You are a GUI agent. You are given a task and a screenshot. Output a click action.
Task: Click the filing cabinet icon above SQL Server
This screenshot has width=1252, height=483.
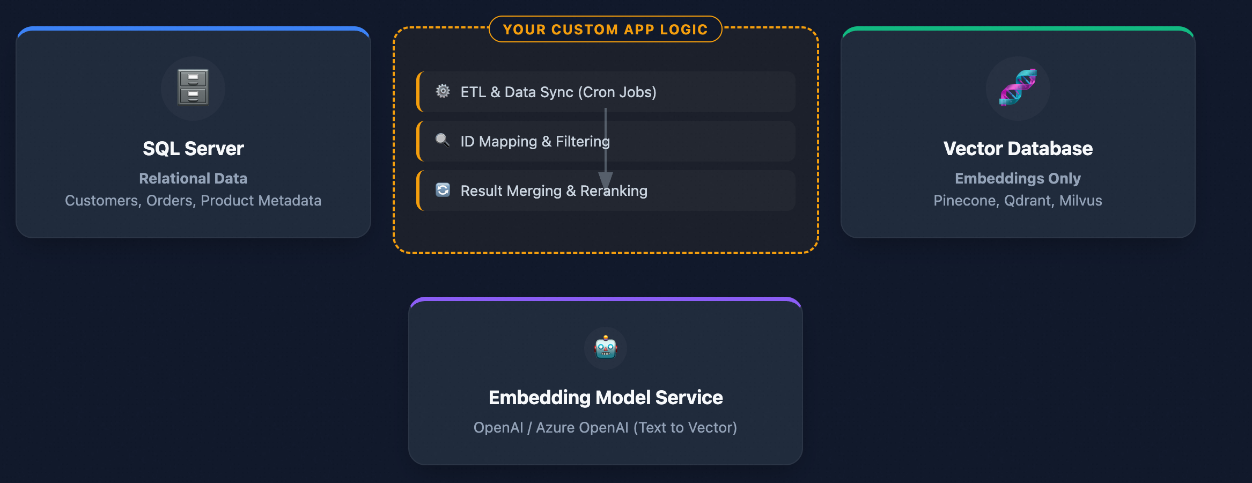pyautogui.click(x=193, y=87)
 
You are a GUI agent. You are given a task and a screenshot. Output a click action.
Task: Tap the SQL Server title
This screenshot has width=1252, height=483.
pyautogui.click(x=193, y=149)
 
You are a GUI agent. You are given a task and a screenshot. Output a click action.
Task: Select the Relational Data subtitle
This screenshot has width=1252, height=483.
pyautogui.click(x=193, y=178)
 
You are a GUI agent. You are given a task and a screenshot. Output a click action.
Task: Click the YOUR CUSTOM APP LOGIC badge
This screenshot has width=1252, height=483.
pyautogui.click(x=605, y=30)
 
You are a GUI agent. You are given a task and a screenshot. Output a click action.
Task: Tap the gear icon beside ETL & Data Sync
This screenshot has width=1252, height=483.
pyautogui.click(x=443, y=91)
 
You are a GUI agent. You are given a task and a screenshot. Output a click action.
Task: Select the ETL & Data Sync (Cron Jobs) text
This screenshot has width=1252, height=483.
pyautogui.click(x=558, y=92)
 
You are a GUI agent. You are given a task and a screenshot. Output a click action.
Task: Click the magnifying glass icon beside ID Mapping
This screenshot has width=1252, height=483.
pyautogui.click(x=443, y=141)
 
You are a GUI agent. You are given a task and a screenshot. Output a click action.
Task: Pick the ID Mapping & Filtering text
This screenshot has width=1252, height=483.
pyautogui.click(x=535, y=142)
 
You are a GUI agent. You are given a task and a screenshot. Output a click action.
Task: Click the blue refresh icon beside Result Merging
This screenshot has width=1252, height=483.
pyautogui.click(x=443, y=190)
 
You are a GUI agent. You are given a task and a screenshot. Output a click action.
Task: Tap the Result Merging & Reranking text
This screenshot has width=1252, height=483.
pyautogui.click(x=554, y=191)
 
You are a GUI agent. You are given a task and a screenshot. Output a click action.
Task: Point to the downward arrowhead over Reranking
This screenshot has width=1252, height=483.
pyautogui.click(x=606, y=180)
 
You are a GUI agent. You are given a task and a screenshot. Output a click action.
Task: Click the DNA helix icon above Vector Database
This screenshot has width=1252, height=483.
pyautogui.click(x=1018, y=87)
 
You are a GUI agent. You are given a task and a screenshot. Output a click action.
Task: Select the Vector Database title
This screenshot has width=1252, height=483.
pyautogui.click(x=1018, y=149)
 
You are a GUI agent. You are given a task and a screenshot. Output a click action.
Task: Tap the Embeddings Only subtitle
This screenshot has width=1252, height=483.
pyautogui.click(x=1018, y=178)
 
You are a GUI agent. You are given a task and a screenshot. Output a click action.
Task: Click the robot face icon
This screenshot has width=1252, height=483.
pyautogui.click(x=606, y=348)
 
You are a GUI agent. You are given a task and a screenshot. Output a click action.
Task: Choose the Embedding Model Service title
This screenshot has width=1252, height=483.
pyautogui.click(x=606, y=398)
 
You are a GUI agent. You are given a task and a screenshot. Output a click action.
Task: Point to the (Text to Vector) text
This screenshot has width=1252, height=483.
pyautogui.click(x=685, y=428)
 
